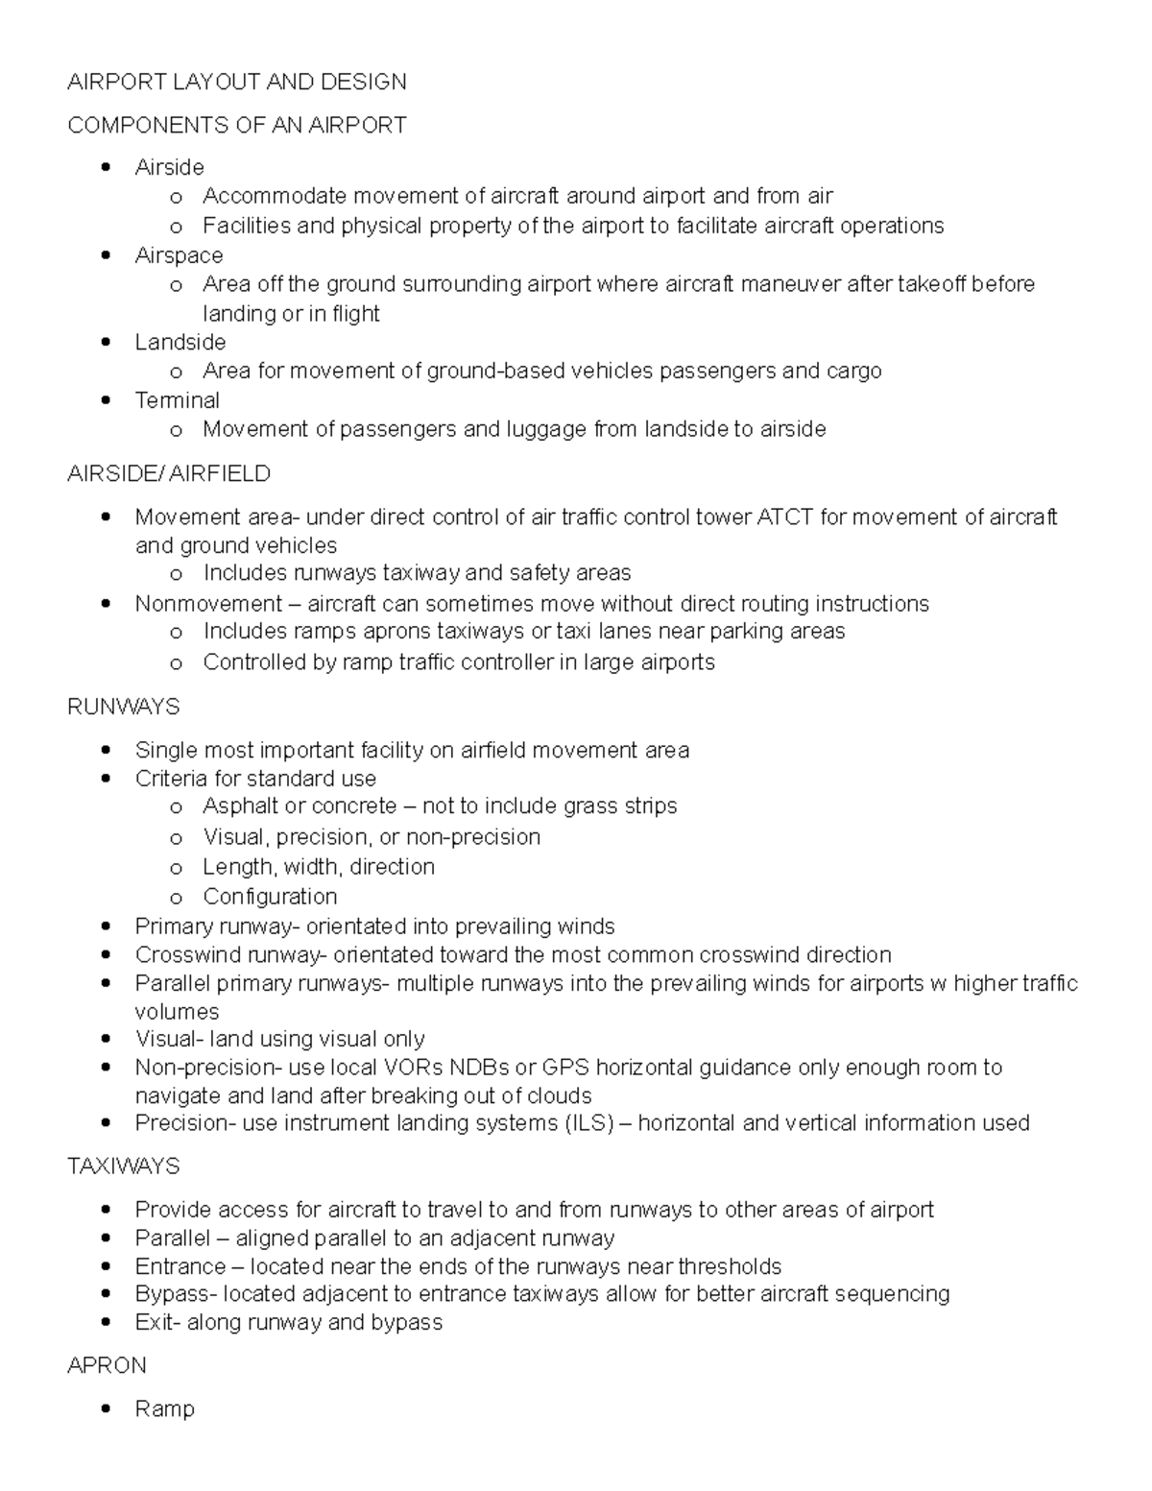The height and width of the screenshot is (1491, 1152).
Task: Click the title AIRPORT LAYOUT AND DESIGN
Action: pyautogui.click(x=236, y=82)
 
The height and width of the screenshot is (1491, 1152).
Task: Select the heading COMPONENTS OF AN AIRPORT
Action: pyautogui.click(x=236, y=125)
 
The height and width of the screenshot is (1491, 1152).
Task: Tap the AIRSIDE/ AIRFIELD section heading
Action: pyautogui.click(x=169, y=473)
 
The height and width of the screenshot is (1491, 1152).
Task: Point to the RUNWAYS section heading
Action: pyautogui.click(x=123, y=707)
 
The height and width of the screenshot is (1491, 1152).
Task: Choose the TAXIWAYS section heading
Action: pyautogui.click(x=123, y=1166)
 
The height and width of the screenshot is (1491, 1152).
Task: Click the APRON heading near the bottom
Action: pyautogui.click(x=107, y=1365)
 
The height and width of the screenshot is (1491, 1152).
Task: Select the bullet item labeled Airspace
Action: pyautogui.click(x=179, y=255)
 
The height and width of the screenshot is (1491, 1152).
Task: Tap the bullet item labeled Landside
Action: pyautogui.click(x=180, y=342)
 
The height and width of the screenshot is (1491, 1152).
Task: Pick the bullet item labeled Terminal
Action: pyautogui.click(x=177, y=400)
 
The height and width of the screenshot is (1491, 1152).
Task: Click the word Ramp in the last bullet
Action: pyautogui.click(x=164, y=1408)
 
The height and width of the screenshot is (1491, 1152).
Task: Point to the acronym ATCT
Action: pyautogui.click(x=784, y=517)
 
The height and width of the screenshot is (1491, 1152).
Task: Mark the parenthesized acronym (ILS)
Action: pyautogui.click(x=588, y=1123)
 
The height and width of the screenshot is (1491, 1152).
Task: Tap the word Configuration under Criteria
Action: pyautogui.click(x=270, y=897)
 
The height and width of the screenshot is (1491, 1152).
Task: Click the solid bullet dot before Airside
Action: pyautogui.click(x=107, y=168)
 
